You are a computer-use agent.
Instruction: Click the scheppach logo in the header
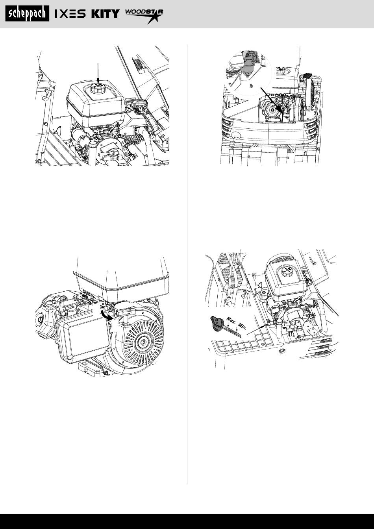[x=28, y=13]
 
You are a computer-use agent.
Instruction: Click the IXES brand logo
[x=70, y=14]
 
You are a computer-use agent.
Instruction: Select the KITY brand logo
[x=106, y=14]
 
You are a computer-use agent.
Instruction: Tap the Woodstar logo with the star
[x=144, y=16]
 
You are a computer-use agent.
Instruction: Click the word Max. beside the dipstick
[x=231, y=321]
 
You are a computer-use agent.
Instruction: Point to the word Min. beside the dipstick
[x=242, y=326]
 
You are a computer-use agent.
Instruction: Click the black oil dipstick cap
[x=217, y=322]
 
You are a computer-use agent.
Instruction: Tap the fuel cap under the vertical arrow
[x=97, y=89]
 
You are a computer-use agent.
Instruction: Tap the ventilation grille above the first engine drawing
[x=137, y=64]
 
